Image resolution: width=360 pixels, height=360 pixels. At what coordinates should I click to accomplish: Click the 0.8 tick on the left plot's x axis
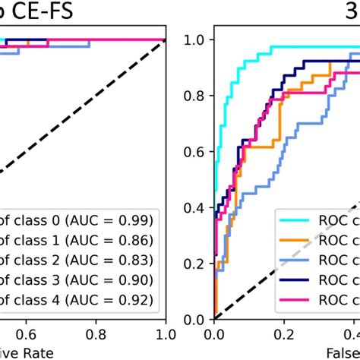pos(96,334)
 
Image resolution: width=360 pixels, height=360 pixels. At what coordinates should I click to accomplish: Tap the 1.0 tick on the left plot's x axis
pos(165,334)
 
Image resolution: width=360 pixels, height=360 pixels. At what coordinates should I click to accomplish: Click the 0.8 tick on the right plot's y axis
pos(197,96)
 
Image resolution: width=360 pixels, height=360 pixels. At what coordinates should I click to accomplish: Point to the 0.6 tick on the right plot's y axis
pos(197,152)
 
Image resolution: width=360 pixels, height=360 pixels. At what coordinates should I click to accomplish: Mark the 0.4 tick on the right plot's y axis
pos(197,207)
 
